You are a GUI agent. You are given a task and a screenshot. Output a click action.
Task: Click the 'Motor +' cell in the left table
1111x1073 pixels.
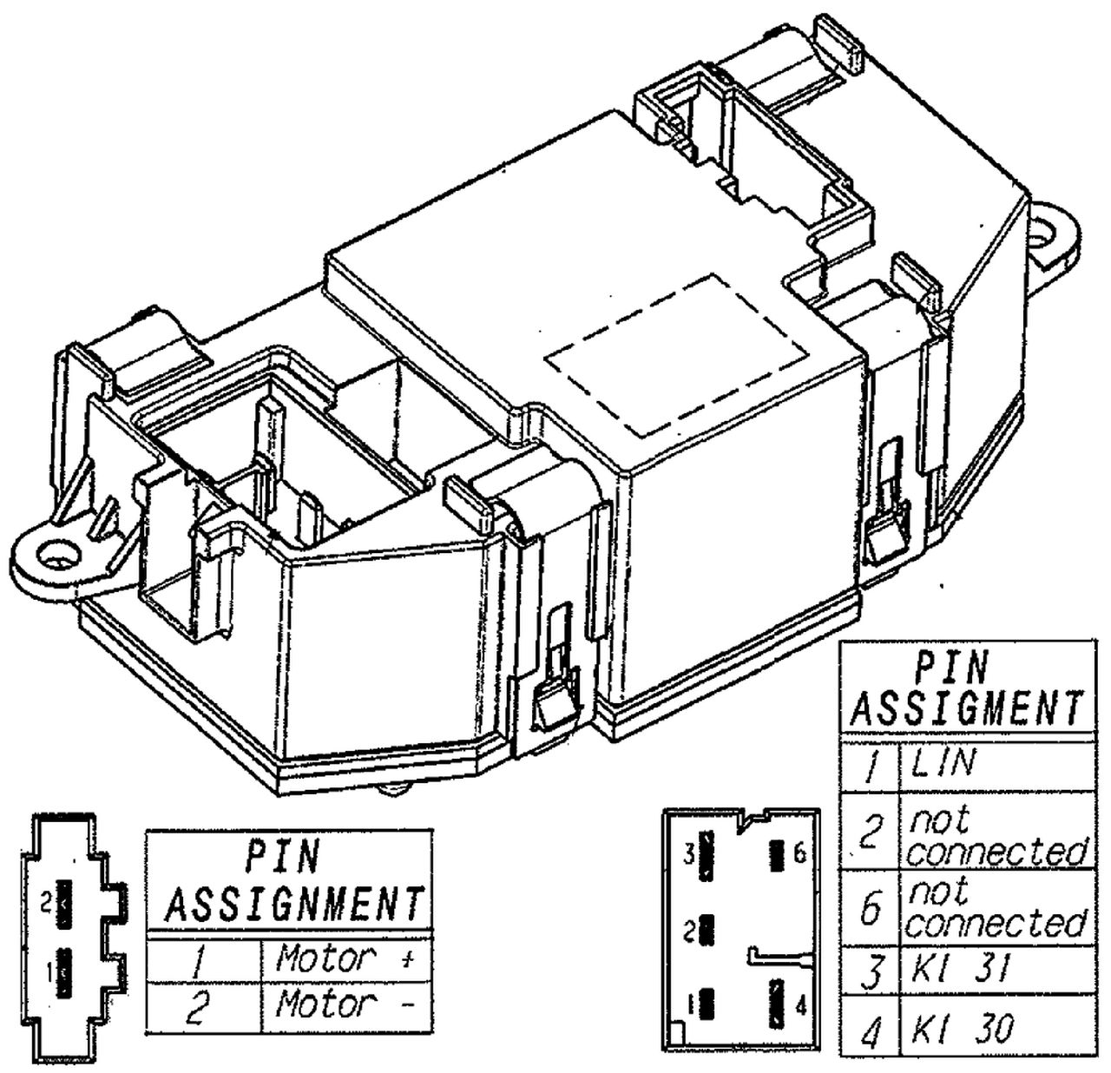point(345,959)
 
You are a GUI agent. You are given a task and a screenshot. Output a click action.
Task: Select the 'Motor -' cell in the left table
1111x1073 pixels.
point(345,1006)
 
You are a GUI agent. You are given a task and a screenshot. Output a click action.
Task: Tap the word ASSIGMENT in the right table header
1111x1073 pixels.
point(966,708)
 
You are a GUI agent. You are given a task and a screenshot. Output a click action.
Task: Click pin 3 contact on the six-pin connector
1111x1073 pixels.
point(709,854)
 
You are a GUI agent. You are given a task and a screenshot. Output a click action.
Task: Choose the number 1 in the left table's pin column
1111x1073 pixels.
point(200,962)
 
